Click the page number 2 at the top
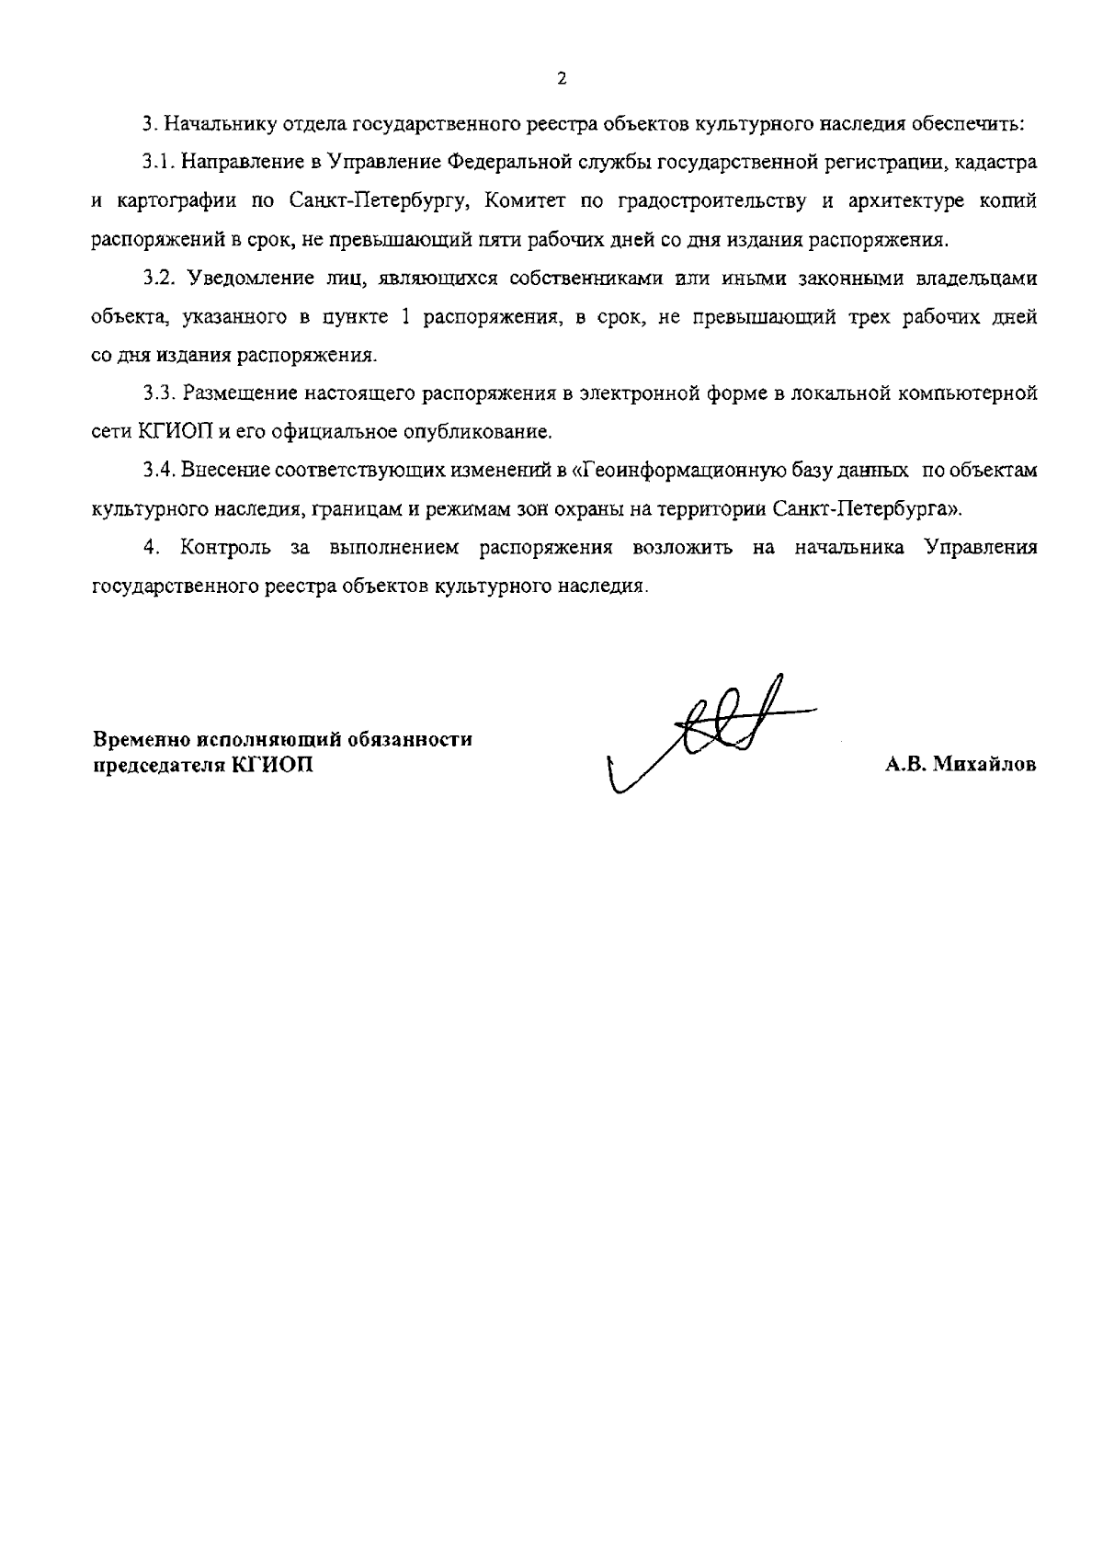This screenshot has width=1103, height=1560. pyautogui.click(x=562, y=79)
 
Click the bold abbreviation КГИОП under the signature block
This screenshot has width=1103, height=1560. pyautogui.click(x=273, y=765)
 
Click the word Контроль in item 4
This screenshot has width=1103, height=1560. pyautogui.click(x=225, y=548)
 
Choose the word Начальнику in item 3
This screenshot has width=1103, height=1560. pyautogui.click(x=210, y=124)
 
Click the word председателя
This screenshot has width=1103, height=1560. pyautogui.click(x=156, y=765)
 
